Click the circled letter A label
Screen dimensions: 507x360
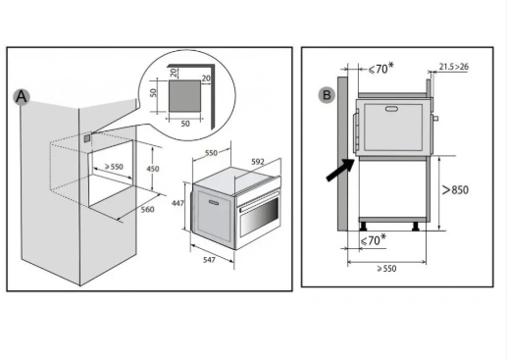coord(22,97)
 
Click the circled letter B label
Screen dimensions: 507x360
coord(327,95)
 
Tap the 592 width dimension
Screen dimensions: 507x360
coord(258,162)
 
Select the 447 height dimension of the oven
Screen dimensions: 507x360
coord(177,203)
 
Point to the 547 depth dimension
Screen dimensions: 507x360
coord(209,260)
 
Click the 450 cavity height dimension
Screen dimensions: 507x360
coord(153,169)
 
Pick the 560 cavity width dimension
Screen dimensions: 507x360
coord(147,209)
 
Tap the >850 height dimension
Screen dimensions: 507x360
coord(455,189)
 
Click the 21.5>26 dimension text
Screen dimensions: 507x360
coord(453,67)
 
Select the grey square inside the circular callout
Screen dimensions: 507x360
coord(184,96)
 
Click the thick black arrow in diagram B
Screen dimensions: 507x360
coord(340,170)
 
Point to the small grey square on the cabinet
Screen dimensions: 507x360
coord(87,138)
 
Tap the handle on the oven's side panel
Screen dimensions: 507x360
coord(214,203)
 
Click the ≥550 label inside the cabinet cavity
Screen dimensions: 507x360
coord(114,167)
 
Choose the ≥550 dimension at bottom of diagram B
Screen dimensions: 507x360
coord(386,269)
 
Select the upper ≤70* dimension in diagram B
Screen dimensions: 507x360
coord(381,69)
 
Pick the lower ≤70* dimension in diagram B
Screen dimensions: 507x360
coord(373,240)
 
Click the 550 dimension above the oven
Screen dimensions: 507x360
coord(211,153)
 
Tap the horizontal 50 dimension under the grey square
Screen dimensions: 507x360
coord(185,124)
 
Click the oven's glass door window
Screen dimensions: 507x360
coord(260,216)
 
